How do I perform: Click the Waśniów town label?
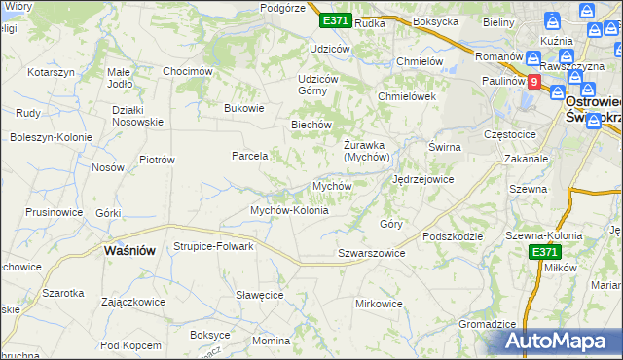[129, 250]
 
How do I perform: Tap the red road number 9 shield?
[534, 83]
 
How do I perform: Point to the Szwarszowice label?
[371, 253]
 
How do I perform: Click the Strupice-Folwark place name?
[213, 246]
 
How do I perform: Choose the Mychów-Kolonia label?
[289, 210]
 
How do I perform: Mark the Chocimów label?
[188, 71]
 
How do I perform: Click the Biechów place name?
[312, 125]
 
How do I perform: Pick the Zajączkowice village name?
[132, 302]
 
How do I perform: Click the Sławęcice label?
[259, 295]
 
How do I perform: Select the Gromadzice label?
[487, 324]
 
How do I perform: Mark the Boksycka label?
[435, 21]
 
